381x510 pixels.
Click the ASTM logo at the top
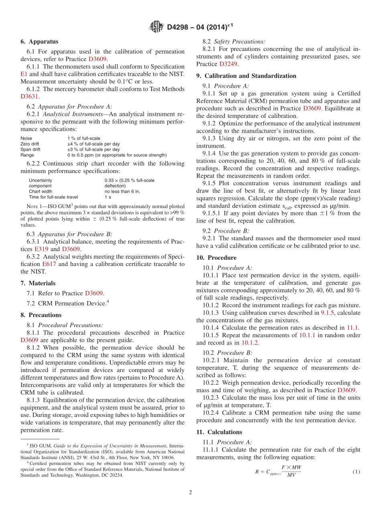pyautogui.click(x=156, y=27)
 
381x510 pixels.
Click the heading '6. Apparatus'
pyautogui.click(x=39, y=41)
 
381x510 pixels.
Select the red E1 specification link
pyautogui.click(x=23, y=74)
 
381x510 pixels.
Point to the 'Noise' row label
pyautogui.click(x=26, y=138)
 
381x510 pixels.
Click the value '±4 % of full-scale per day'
pyautogui.click(x=93, y=144)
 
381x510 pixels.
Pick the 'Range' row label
pyautogui.click(x=27, y=155)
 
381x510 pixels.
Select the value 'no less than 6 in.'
pyautogui.click(x=122, y=191)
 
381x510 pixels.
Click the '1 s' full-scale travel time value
pyautogui.click(x=108, y=197)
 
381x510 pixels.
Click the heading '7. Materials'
pyautogui.click(x=38, y=283)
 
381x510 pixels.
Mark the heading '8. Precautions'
pyautogui.click(x=41, y=315)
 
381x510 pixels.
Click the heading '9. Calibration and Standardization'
pyautogui.click(x=246, y=76)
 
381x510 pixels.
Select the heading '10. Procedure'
pyautogui.click(x=216, y=257)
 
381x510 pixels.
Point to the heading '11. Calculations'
pyautogui.click(x=219, y=432)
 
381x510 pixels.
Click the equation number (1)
pyautogui.click(x=356, y=472)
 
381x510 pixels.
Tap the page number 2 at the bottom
pyautogui.click(x=190, y=492)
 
